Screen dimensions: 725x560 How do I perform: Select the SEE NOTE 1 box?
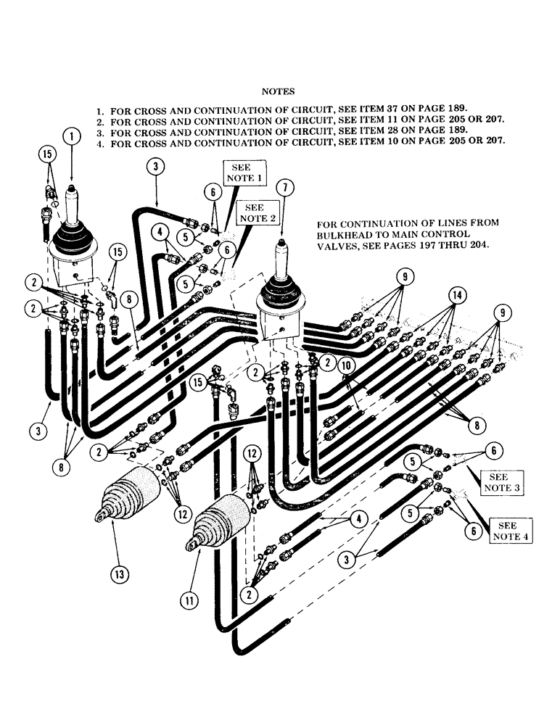click(x=242, y=173)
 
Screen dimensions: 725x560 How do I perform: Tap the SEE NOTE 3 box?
click(x=498, y=483)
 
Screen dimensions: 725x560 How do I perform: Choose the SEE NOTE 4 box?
click(x=511, y=530)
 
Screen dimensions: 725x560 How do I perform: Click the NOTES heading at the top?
click(x=277, y=91)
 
